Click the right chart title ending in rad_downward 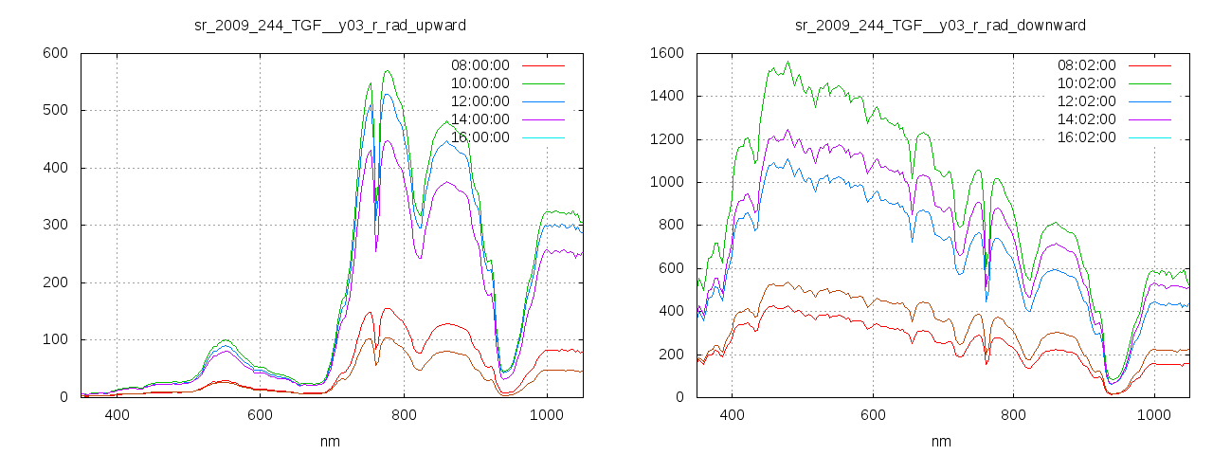click(940, 25)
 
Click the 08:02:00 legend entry click(1086, 65)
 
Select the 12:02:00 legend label click(1086, 101)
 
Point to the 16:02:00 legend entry click(1086, 137)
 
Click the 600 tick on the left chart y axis click(54, 53)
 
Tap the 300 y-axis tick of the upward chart click(54, 225)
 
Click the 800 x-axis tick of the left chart click(404, 415)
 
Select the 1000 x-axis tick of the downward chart click(1154, 415)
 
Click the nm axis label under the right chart click(941, 441)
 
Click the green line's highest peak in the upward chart click(387, 70)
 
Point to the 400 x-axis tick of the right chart click(732, 415)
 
